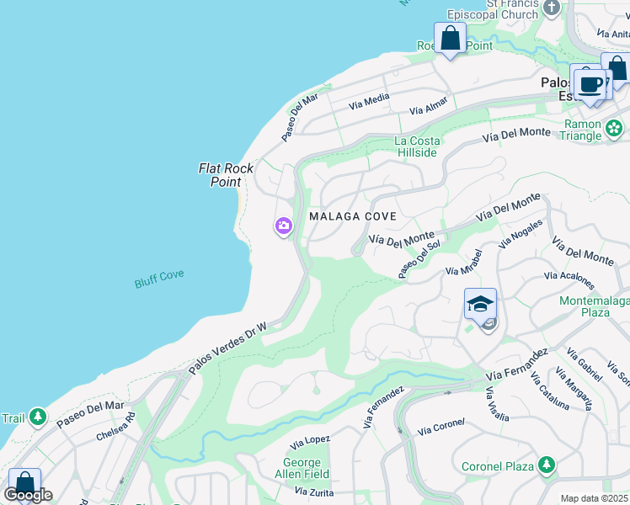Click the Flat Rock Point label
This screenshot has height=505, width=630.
(226, 175)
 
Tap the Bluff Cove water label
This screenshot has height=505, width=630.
(159, 279)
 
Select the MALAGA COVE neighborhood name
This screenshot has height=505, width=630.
(353, 216)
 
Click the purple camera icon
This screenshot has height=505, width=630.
(283, 226)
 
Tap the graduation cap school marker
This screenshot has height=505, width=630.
(480, 303)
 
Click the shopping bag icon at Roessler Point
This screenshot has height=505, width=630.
(451, 39)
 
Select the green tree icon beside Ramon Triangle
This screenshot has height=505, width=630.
(615, 129)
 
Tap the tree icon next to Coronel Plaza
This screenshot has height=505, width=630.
(547, 465)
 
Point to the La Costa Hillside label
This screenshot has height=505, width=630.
(416, 147)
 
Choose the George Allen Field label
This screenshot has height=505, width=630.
(302, 469)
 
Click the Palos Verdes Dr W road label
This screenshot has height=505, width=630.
(227, 348)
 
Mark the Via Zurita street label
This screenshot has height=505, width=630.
(314, 491)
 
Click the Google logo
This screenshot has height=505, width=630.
(28, 495)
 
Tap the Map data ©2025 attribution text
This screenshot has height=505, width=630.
(593, 498)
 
